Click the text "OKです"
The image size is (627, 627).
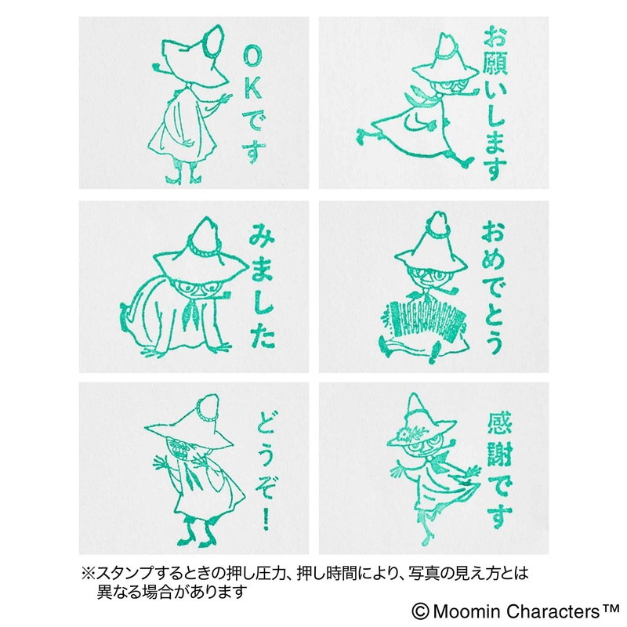[253, 107]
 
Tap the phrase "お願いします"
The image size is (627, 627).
[495, 103]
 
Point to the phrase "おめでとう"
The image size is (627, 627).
[493, 288]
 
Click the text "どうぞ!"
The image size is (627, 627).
[264, 470]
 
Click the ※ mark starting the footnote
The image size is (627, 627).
[88, 574]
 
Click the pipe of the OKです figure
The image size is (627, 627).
[162, 69]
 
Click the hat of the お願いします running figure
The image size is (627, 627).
[444, 60]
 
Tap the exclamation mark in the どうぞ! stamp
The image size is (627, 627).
[266, 518]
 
